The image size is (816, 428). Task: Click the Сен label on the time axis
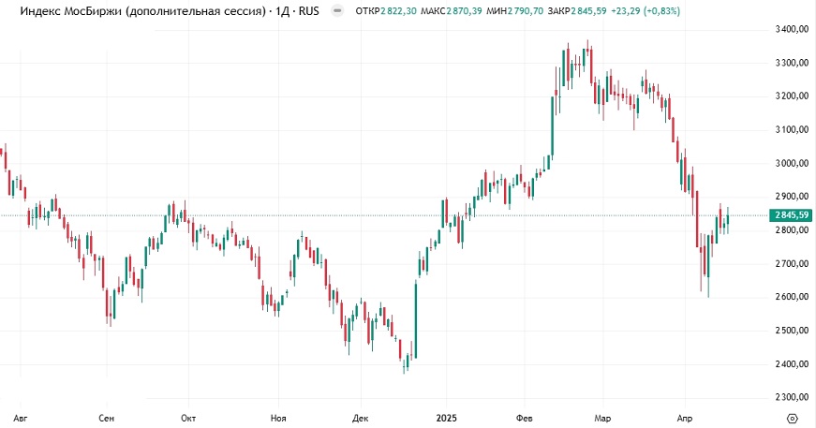click(107, 417)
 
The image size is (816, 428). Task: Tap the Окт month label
click(188, 417)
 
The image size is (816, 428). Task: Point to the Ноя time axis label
click(277, 417)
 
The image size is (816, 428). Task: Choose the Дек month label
click(361, 417)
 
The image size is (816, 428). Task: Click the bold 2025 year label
click(445, 417)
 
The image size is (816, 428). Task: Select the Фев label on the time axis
click(526, 417)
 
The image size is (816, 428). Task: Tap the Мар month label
click(603, 417)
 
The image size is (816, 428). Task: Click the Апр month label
click(686, 417)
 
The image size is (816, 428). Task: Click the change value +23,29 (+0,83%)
click(647, 10)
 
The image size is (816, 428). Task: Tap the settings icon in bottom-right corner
click(793, 417)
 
